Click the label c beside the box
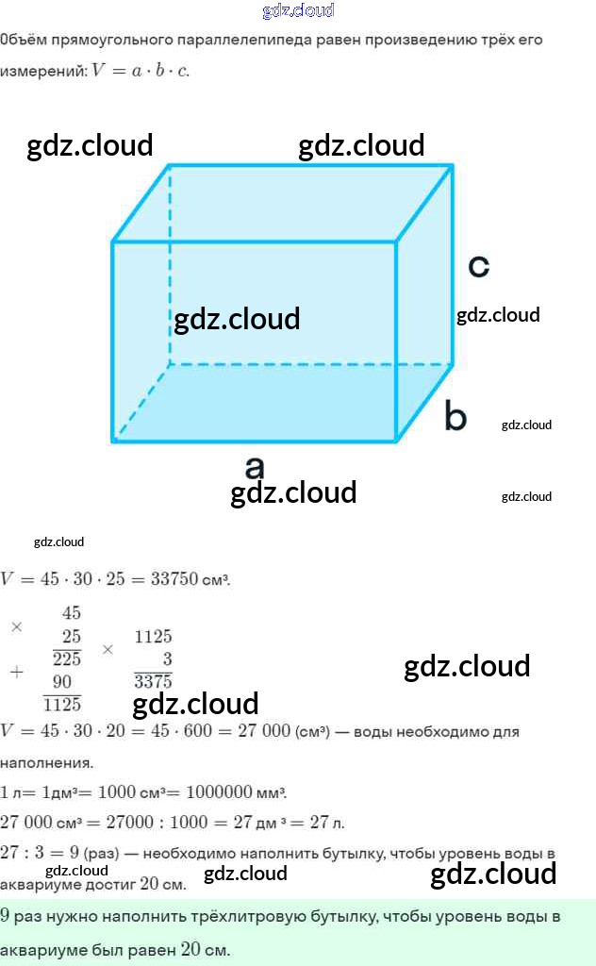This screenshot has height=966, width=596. tap(478, 267)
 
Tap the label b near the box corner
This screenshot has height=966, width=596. tap(455, 416)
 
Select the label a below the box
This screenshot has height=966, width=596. tap(254, 467)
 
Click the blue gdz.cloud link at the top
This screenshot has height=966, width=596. tap(298, 11)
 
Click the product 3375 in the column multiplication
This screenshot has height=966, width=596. tap(153, 681)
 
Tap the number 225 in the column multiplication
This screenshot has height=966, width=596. tap(66, 659)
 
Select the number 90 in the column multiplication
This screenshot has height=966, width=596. tap(62, 681)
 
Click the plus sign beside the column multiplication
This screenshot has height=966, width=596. tap(16, 672)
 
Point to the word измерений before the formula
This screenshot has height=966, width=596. tap(42, 72)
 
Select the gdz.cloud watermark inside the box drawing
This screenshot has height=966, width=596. tap(237, 319)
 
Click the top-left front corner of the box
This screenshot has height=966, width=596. tap(113, 242)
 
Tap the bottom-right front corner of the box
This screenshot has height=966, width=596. tap(396, 440)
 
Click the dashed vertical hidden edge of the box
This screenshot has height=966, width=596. tap(170, 264)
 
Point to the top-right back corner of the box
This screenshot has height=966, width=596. tap(453, 166)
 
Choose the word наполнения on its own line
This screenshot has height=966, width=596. tap(46, 761)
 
